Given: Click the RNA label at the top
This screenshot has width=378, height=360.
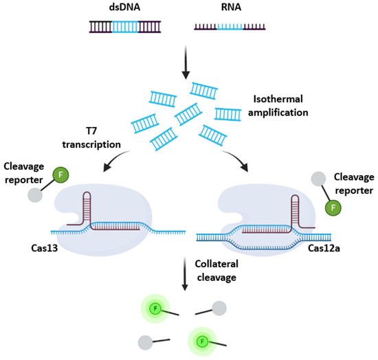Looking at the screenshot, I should pos(229,9).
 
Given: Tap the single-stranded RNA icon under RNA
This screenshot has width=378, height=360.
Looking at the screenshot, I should pos(230,28).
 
